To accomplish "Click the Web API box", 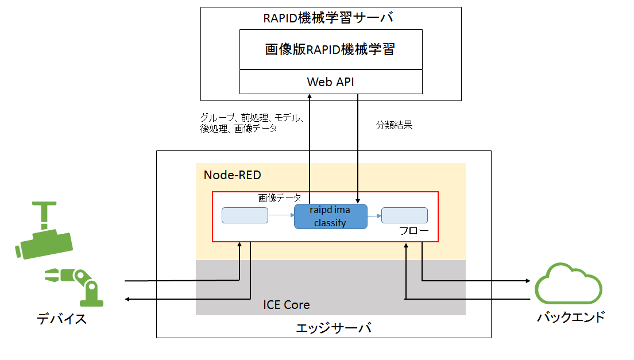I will click(x=330, y=82).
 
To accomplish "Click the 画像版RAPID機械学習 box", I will click(x=330, y=50).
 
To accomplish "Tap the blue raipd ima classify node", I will click(x=331, y=216).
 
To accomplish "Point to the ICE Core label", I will click(x=286, y=304).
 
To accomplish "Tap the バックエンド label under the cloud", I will click(x=570, y=316).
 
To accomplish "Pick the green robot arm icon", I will click(x=75, y=285).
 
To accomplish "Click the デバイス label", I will click(x=61, y=319).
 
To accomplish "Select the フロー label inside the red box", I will click(x=413, y=231).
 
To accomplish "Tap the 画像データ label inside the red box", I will click(x=280, y=198).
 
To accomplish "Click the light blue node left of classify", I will click(x=245, y=215).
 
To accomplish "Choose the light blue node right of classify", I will click(x=404, y=215).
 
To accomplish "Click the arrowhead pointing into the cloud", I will click(x=527, y=281).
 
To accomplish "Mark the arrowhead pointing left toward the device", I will click(x=129, y=299).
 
